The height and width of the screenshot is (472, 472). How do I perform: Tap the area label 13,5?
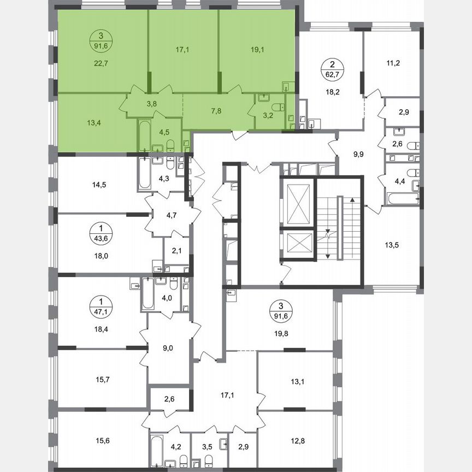pos(392,245)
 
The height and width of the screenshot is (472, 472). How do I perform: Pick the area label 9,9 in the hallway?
pos(358,155)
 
